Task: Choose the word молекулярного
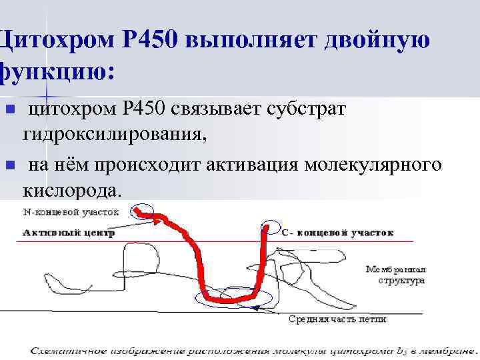tap(373, 164)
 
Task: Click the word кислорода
tap(72, 191)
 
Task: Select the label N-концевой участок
tap(71, 213)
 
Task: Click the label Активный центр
tap(69, 233)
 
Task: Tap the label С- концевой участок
tap(337, 233)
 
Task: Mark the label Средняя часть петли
tap(337, 319)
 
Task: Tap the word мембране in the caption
tap(445, 349)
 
